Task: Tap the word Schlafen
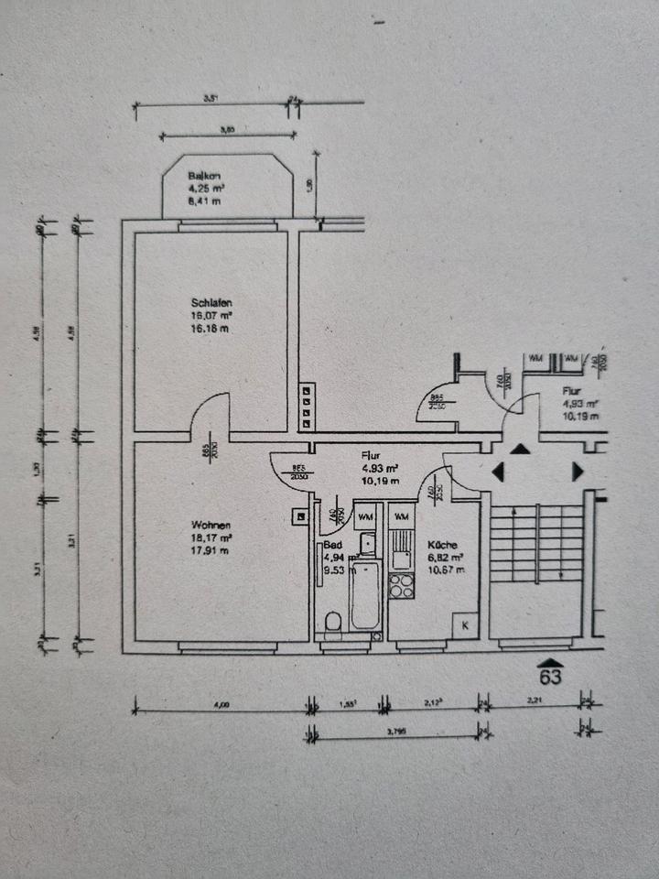point(211,304)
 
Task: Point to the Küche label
point(443,545)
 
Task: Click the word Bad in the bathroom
point(332,545)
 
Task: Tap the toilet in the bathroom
point(333,623)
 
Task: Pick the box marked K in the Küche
point(464,625)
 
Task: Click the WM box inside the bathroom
point(365,516)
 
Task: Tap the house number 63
point(550,678)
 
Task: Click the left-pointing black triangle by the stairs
point(499,472)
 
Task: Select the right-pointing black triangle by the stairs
point(578,472)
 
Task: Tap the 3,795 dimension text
point(394,731)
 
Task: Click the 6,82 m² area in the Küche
point(448,557)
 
